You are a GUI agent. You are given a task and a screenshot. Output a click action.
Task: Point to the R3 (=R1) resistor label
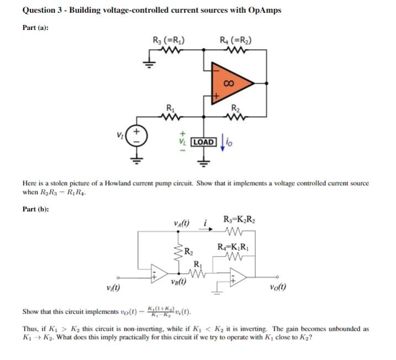coord(168,40)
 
